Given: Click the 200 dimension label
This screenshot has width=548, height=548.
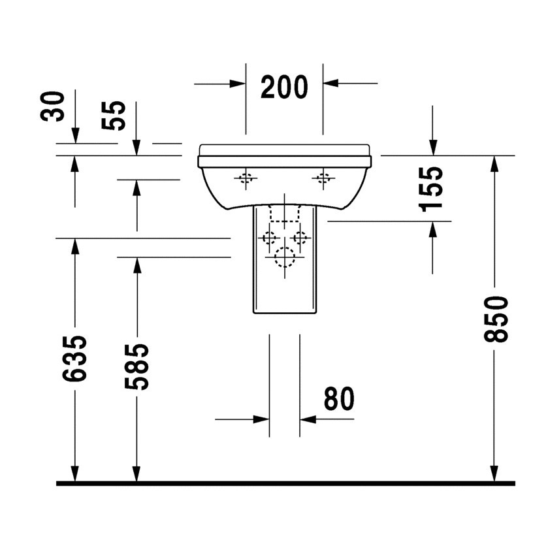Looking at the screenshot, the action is coord(284,87).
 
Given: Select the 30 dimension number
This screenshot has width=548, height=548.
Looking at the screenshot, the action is coord(53,106).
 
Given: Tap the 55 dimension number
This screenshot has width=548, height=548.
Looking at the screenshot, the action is coord(114,116).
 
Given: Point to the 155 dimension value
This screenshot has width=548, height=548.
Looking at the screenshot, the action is coord(430,189).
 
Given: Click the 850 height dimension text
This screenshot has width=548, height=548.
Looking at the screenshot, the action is coord(496,319).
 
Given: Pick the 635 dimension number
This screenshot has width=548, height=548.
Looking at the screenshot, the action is coord(74,358).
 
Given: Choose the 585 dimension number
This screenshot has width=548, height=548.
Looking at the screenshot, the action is coord(137,366).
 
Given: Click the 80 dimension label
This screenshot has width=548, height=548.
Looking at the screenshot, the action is coord(339,398).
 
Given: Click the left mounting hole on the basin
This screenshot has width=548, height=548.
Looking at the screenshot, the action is coord(246,178).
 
